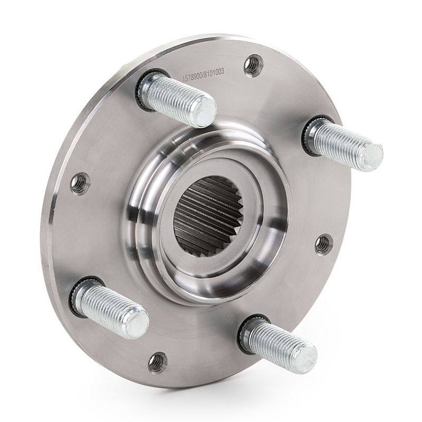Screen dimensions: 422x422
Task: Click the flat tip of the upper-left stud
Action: (206, 112)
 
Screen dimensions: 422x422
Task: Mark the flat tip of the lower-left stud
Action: (137, 323)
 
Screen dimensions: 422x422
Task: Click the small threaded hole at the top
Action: (253, 66)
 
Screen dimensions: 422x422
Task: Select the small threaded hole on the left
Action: (80, 184)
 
